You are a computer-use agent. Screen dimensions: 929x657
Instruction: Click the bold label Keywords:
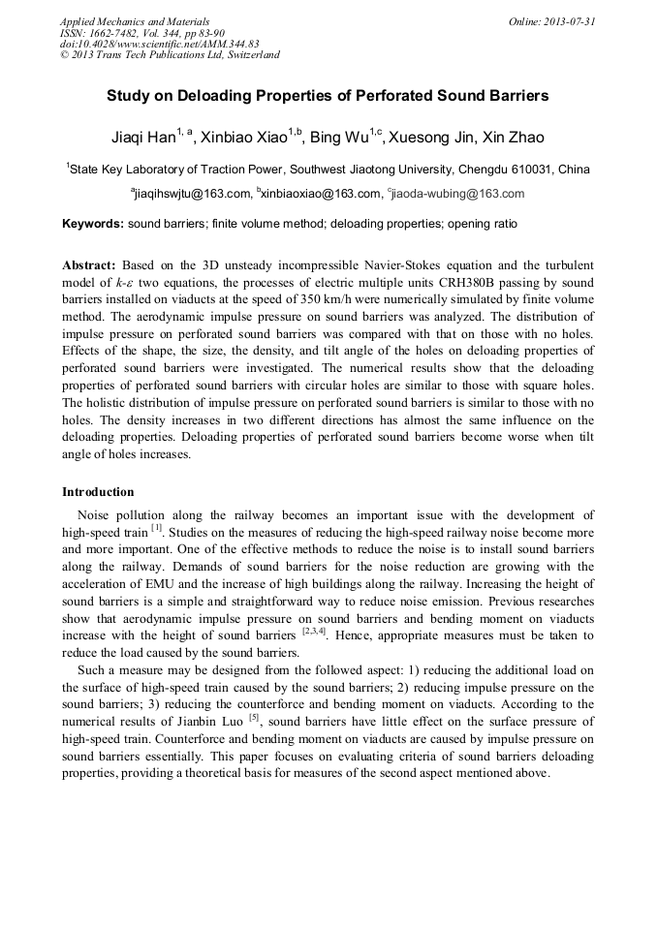point(93,224)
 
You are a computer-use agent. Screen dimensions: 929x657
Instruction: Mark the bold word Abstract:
point(89,264)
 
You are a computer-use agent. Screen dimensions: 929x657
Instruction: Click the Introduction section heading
point(98,492)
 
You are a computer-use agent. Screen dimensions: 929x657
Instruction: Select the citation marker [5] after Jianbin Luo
point(254,717)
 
